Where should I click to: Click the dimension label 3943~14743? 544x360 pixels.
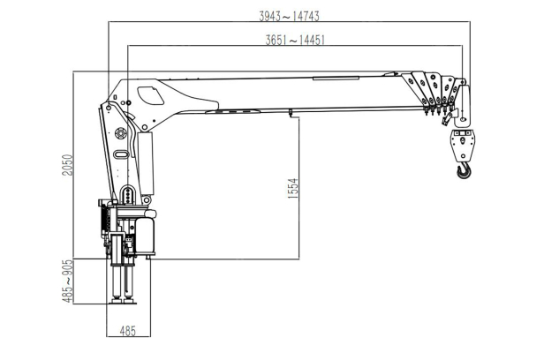(x=289, y=16)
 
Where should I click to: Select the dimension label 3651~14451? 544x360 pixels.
(x=295, y=40)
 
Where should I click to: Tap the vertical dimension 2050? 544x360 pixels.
(x=68, y=165)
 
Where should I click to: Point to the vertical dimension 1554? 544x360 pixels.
(x=293, y=188)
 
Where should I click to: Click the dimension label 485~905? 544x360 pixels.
(x=68, y=281)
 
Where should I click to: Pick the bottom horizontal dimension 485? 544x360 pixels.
(x=128, y=331)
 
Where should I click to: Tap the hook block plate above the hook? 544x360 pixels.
(x=463, y=146)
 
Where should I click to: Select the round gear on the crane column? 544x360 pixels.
(x=120, y=133)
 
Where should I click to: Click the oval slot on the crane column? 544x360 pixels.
(x=120, y=154)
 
